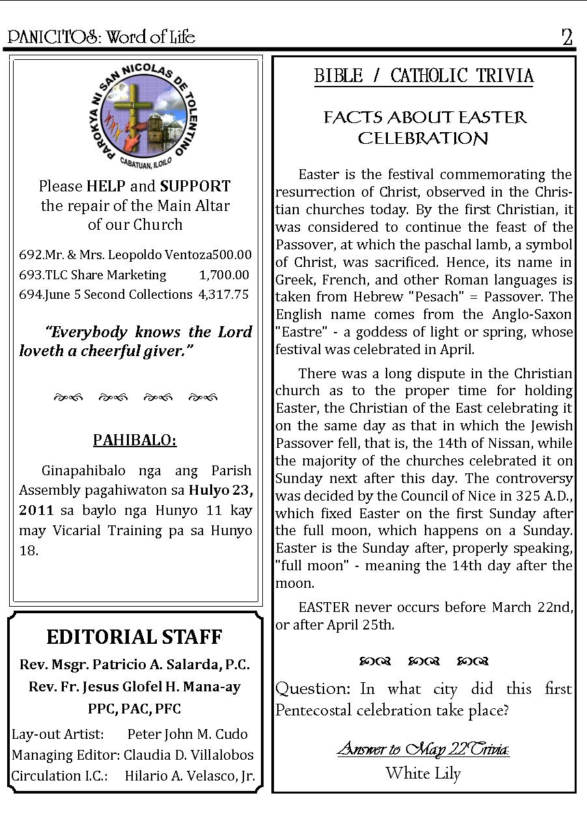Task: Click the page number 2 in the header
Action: pyautogui.click(x=567, y=38)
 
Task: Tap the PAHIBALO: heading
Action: pyautogui.click(x=135, y=440)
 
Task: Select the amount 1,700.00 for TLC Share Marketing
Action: pyautogui.click(x=224, y=275)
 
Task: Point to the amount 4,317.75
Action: pyautogui.click(x=223, y=294)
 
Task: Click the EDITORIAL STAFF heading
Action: pyautogui.click(x=135, y=637)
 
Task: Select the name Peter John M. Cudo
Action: pyautogui.click(x=187, y=734)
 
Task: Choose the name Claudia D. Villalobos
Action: pyautogui.click(x=189, y=755)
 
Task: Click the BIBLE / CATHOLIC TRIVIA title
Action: pyautogui.click(x=424, y=76)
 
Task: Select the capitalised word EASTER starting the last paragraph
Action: pyautogui.click(x=324, y=607)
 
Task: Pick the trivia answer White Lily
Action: pyautogui.click(x=423, y=773)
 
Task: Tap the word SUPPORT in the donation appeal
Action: pyautogui.click(x=195, y=186)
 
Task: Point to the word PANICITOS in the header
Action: pyautogui.click(x=53, y=38)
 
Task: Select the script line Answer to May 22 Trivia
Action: pyautogui.click(x=423, y=750)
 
